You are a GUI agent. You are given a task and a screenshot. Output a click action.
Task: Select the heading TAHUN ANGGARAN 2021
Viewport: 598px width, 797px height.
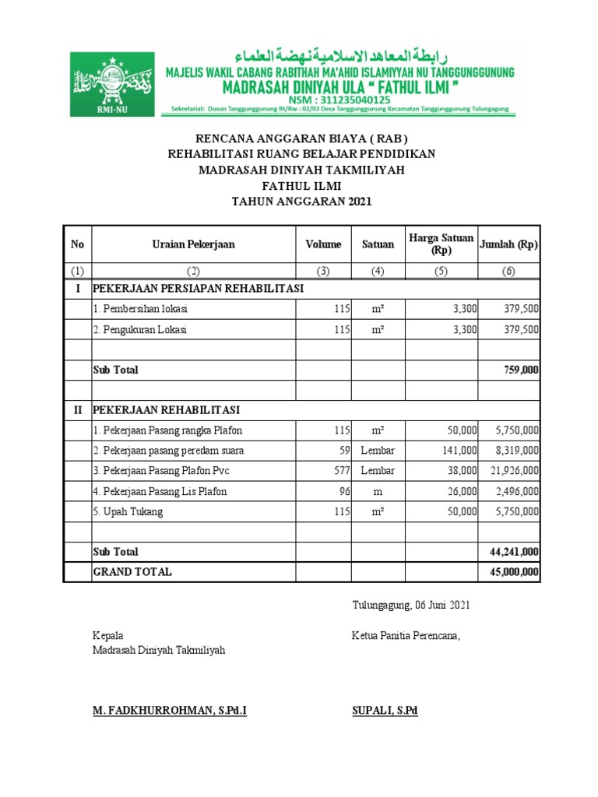coord(302,202)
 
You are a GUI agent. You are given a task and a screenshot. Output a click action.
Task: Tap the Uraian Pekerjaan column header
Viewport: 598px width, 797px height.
coord(193,244)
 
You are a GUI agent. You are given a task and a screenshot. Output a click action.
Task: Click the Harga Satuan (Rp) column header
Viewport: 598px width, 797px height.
coord(441,244)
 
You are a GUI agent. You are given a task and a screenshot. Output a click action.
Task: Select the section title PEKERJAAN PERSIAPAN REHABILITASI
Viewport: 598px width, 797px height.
coord(198,289)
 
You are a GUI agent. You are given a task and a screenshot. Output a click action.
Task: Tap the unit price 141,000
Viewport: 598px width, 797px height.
coord(459,451)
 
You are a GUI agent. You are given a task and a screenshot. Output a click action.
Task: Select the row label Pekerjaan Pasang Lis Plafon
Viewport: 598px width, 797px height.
coord(160,491)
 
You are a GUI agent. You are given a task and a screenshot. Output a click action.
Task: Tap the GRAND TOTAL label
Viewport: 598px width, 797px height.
coord(132,572)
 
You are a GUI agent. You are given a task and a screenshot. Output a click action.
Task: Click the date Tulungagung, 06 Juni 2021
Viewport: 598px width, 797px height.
coord(410,605)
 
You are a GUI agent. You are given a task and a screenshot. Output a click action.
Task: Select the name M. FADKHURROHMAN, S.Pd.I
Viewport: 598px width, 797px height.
coord(170,711)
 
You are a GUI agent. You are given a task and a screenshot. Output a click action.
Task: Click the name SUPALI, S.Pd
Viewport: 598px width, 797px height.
coord(385,711)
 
